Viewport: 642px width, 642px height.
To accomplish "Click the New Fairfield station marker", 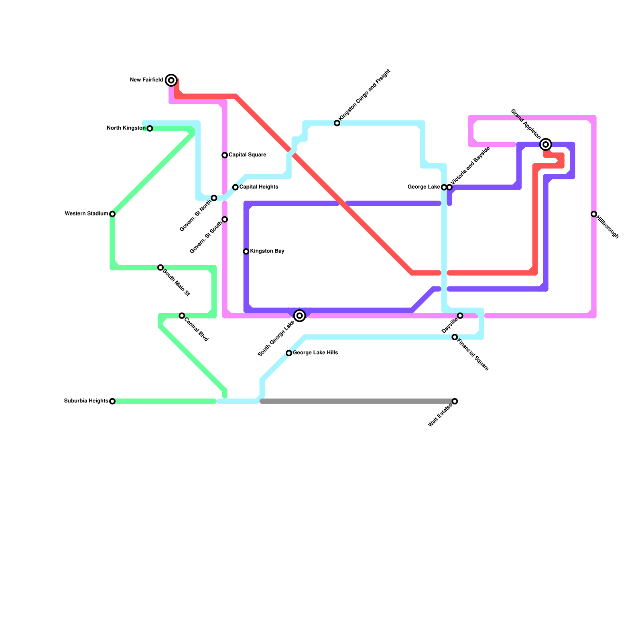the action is click(x=171, y=80).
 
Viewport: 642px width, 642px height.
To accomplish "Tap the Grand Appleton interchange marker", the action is click(x=546, y=144).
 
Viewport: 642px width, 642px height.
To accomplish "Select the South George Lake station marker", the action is click(x=300, y=316).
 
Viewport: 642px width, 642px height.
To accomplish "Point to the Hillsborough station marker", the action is click(x=594, y=214).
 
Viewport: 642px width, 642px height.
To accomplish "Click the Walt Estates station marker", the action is click(x=455, y=401).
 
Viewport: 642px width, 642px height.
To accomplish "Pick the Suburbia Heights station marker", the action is click(x=112, y=401).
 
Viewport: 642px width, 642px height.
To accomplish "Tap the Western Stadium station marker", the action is click(x=112, y=214).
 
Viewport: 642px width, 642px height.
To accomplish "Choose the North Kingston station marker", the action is click(x=150, y=128).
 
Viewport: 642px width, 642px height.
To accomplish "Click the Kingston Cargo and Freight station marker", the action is click(x=337, y=123).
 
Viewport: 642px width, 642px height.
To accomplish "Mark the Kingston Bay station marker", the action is click(x=246, y=252).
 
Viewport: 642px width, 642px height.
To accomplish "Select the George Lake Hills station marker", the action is click(x=289, y=353).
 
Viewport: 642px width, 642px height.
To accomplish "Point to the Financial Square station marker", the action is click(x=455, y=337).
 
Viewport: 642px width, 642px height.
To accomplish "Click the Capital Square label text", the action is click(x=247, y=155).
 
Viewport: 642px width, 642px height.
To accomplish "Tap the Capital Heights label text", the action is click(x=259, y=187).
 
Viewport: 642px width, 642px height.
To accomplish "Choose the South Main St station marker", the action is click(x=160, y=268).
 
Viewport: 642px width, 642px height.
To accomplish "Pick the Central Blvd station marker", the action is click(x=182, y=316).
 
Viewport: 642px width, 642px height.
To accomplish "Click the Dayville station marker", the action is click(x=460, y=316).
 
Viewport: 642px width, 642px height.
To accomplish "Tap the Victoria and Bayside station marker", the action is click(x=449, y=187).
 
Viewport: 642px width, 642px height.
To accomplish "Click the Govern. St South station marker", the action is click(x=225, y=219).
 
